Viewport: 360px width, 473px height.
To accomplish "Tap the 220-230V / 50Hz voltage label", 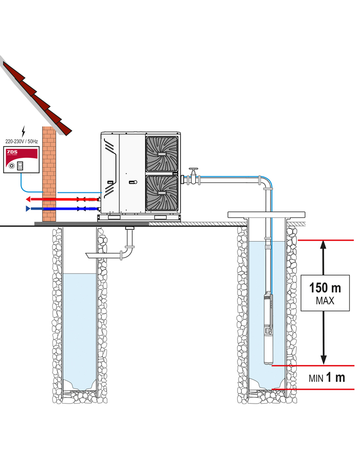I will (22, 141).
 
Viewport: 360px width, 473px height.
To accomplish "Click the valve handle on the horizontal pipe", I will (193, 169).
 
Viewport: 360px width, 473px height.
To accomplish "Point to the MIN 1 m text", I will (327, 378).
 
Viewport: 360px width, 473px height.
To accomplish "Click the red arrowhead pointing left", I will (28, 199).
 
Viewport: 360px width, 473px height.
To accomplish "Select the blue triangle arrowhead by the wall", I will (28, 209).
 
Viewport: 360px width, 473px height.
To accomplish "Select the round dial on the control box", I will (11, 166).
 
